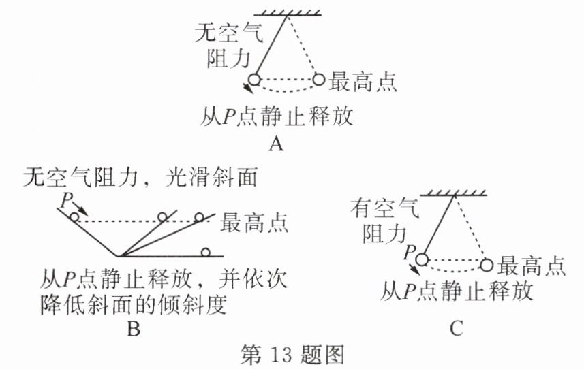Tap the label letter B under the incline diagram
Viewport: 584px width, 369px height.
tap(134, 330)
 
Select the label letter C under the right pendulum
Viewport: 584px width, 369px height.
tap(457, 330)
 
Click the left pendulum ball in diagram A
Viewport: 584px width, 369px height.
tap(253, 80)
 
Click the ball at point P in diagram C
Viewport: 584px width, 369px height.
tap(422, 259)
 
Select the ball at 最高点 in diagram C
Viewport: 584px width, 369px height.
tap(487, 264)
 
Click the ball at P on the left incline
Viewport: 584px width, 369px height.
tap(74, 217)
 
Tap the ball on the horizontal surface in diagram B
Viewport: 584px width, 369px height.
tap(205, 253)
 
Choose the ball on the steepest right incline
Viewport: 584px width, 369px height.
tap(162, 217)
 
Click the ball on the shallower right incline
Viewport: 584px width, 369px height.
tap(199, 217)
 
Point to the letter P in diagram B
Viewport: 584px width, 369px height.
tap(65, 199)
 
